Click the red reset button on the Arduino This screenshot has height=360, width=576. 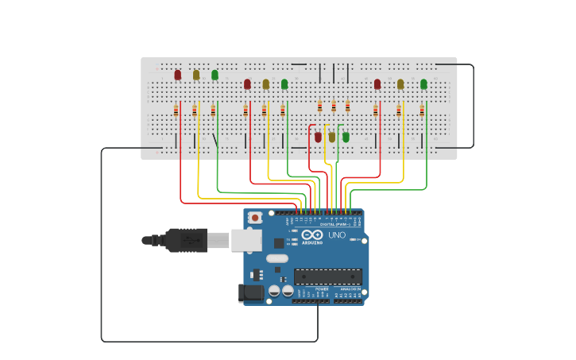click(x=255, y=217)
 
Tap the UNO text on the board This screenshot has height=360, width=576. click(x=337, y=235)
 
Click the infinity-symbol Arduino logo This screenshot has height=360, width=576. click(x=312, y=236)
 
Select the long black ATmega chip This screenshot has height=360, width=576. click(x=328, y=277)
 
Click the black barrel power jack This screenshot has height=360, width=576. click(x=252, y=293)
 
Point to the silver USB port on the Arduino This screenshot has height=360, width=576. click(x=246, y=240)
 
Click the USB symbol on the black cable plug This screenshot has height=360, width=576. click(x=190, y=240)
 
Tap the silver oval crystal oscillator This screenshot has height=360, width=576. click(x=277, y=258)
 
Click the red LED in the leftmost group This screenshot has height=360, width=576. click(x=177, y=75)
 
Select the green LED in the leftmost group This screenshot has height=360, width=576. click(x=215, y=75)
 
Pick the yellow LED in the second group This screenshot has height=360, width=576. click(x=266, y=83)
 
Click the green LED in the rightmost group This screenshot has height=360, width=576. click(x=423, y=83)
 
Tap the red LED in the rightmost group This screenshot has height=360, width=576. click(x=377, y=83)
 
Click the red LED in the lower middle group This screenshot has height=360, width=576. click(x=318, y=137)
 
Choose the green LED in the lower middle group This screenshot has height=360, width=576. click(x=346, y=137)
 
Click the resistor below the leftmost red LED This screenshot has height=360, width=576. click(x=176, y=111)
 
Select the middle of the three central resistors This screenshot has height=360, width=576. click(x=334, y=106)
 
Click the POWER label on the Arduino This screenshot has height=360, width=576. click(x=311, y=289)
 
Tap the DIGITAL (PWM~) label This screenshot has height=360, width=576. click(x=333, y=225)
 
